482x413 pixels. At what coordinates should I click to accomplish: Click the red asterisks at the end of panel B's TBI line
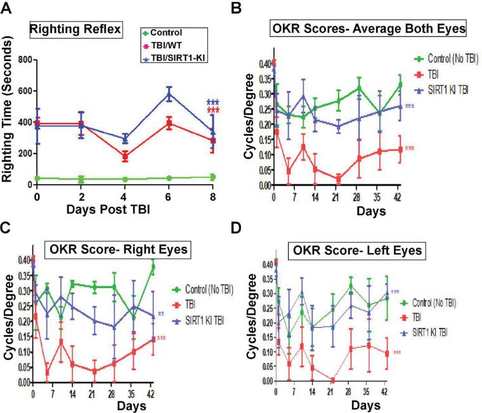tap(409, 148)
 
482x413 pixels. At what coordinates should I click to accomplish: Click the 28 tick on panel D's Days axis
tap(367, 393)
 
